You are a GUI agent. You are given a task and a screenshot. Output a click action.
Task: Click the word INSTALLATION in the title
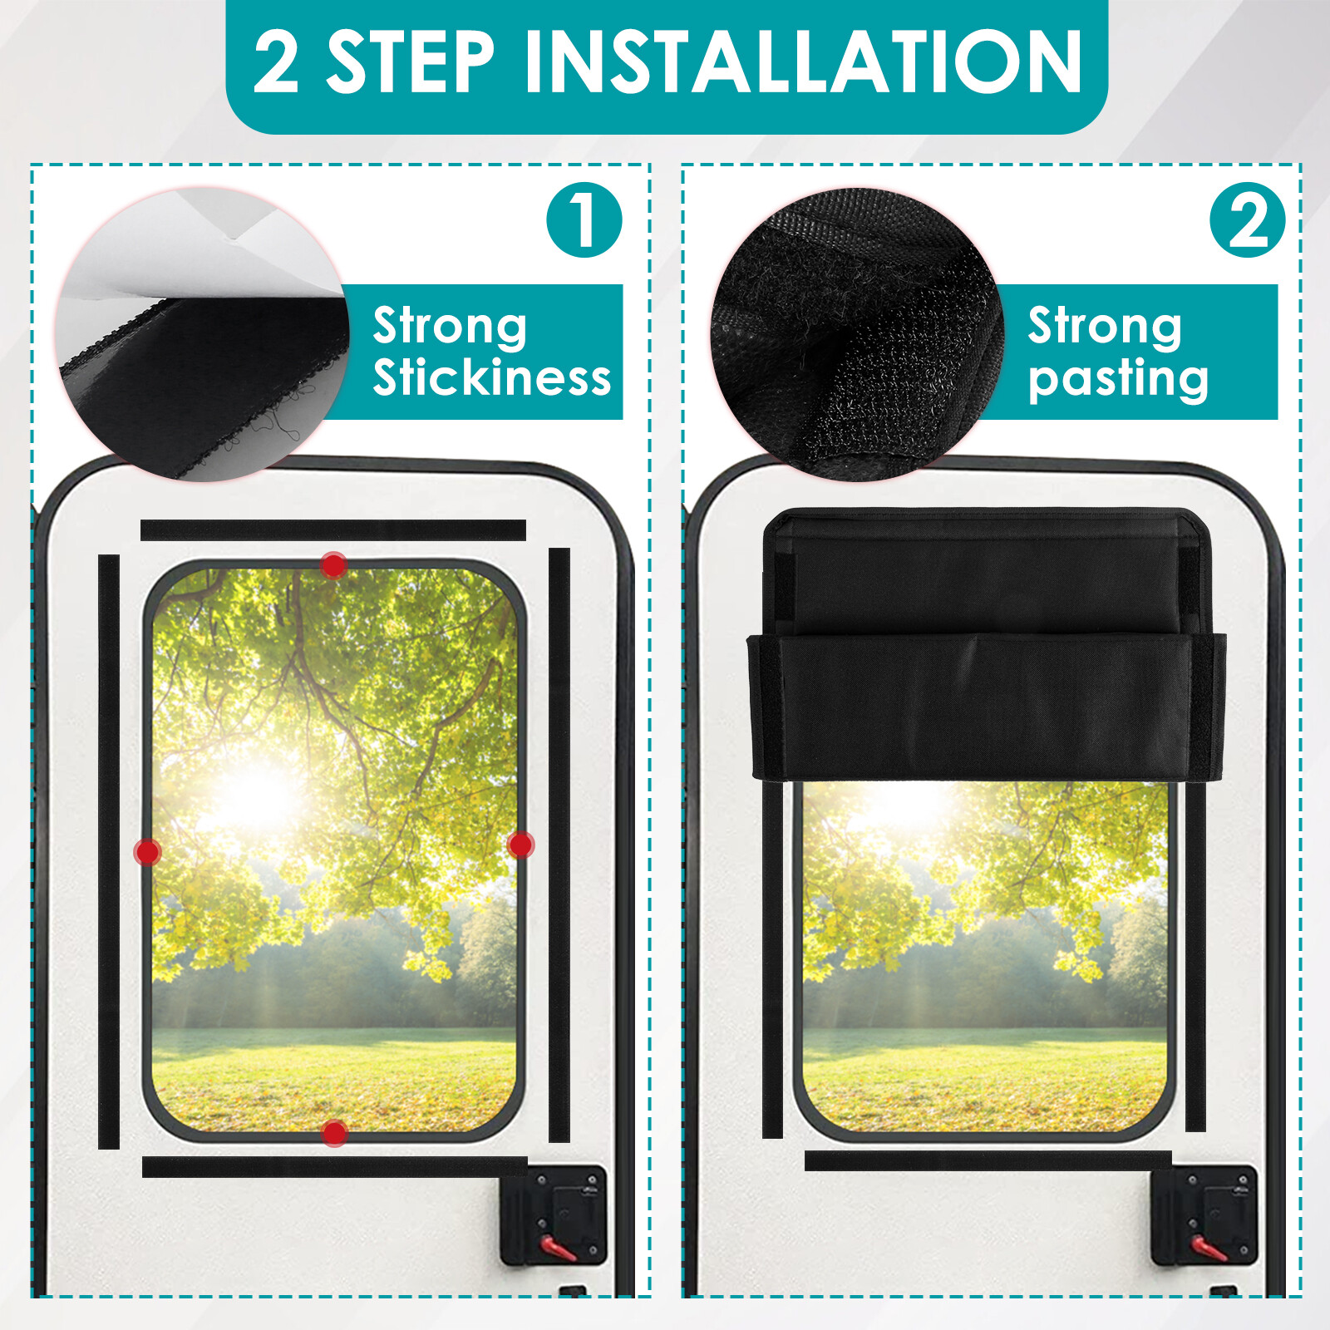pos(803,62)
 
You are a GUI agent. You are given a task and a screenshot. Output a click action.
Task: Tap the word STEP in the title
pos(411,62)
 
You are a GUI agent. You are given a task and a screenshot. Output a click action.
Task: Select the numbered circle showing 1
pos(584,220)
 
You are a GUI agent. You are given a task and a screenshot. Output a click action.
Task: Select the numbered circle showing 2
pos(1247,220)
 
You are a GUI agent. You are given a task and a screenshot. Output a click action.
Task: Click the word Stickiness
pos(491,378)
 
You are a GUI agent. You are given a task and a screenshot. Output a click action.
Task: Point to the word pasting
pos(1118,380)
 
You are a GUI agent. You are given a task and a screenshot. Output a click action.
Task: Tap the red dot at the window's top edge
pos(333,566)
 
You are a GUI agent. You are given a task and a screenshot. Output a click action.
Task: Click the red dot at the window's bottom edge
pos(334,1132)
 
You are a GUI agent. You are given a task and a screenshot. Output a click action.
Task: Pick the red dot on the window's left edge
pos(148,852)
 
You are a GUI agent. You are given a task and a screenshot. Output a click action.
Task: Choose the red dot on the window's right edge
pos(520,845)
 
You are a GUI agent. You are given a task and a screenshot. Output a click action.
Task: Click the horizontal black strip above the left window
pos(332,530)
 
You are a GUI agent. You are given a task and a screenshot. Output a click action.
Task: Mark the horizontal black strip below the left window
pos(334,1167)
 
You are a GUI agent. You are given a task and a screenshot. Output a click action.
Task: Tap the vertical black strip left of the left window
pos(109,852)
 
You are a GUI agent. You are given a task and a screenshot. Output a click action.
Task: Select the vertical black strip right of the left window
pos(559,844)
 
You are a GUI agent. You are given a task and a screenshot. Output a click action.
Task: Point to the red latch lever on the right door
pos(1208,1248)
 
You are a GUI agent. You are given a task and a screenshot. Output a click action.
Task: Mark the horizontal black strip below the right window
pos(988,1161)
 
